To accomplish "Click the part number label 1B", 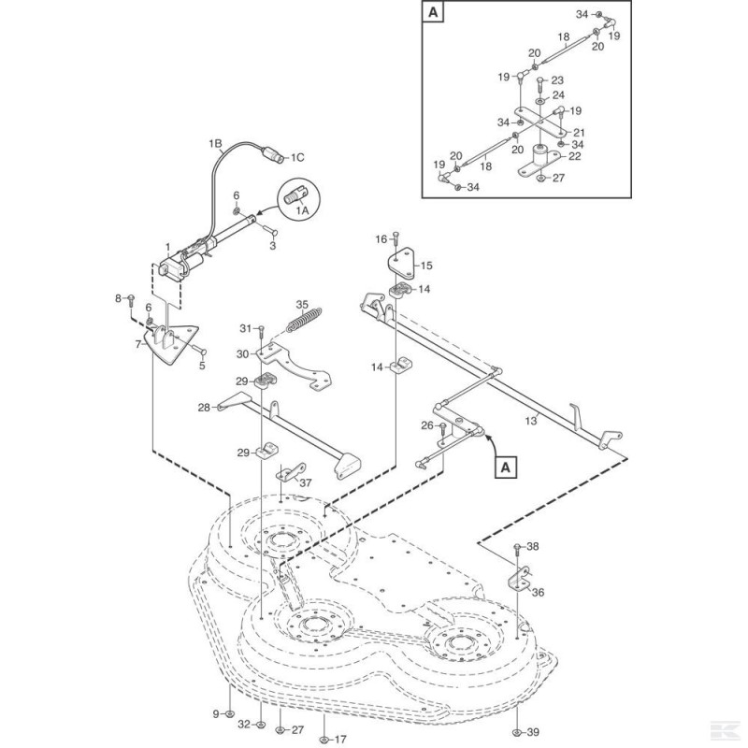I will [215, 144].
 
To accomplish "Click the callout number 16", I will [380, 239].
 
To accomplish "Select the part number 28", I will [203, 407].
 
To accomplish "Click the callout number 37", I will [305, 482].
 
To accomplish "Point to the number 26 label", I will [426, 425].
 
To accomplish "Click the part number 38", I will [533, 546].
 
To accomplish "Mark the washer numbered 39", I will [517, 730].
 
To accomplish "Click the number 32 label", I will [242, 724].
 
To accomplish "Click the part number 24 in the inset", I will [558, 95].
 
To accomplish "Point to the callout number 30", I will [243, 353].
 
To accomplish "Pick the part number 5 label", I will [201, 366].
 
